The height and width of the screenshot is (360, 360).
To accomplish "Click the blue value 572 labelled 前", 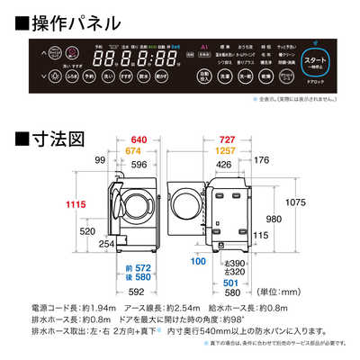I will click(x=137, y=269).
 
